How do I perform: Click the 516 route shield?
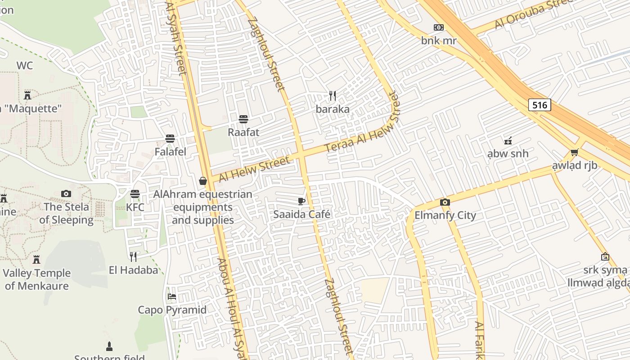tap(540, 105)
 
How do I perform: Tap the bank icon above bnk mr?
tap(439, 27)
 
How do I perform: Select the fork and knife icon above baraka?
tap(333, 96)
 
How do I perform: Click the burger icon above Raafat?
tap(243, 119)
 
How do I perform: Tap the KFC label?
tap(135, 207)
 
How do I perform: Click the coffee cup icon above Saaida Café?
tap(301, 201)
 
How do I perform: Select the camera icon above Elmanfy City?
tap(445, 202)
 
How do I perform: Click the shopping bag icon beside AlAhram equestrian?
tap(203, 181)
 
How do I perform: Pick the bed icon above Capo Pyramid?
tap(172, 297)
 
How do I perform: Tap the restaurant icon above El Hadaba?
tap(133, 257)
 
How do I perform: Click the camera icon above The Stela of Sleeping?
tap(66, 193)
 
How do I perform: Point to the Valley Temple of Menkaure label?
tap(36, 279)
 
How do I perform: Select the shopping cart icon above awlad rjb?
tap(574, 152)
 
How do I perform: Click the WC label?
tap(25, 66)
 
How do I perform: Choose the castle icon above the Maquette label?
tap(27, 95)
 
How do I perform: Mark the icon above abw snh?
tap(508, 140)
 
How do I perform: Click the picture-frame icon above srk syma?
tap(605, 257)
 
